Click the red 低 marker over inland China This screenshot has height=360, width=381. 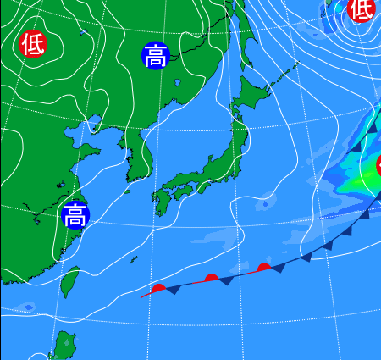click(x=33, y=43)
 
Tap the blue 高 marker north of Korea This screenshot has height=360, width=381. click(x=156, y=56)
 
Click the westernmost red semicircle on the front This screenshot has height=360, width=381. click(x=158, y=288)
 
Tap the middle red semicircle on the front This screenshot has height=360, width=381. click(x=212, y=277)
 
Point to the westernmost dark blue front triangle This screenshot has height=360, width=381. click(x=173, y=291)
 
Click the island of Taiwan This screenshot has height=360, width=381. click(x=70, y=283)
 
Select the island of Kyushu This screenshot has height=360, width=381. click(x=161, y=204)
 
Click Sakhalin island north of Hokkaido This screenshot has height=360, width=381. click(x=236, y=34)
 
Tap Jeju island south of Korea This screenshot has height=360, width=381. click(x=128, y=191)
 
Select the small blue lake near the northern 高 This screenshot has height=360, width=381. click(x=178, y=83)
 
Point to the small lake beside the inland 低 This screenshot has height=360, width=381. click(x=82, y=33)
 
